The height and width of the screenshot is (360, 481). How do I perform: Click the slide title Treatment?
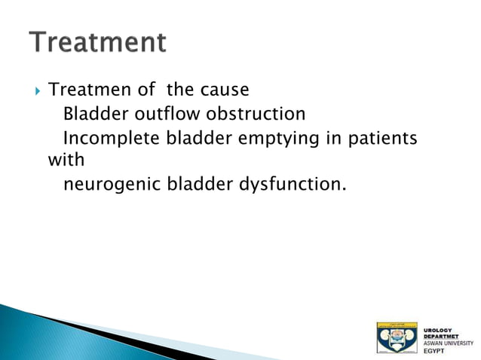(97, 42)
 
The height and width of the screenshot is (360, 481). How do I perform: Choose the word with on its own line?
(66, 160)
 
